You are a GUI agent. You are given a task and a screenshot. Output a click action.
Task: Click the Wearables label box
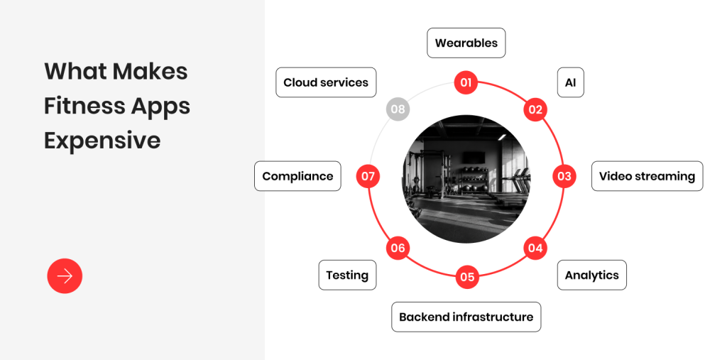(x=466, y=43)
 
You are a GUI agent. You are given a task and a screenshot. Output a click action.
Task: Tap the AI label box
(x=570, y=82)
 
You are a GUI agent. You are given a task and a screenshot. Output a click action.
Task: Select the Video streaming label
(x=647, y=176)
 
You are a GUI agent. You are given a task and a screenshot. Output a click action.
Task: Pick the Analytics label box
(x=591, y=275)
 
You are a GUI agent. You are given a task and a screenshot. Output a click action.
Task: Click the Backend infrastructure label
(x=466, y=317)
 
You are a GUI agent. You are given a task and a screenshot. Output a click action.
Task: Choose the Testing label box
(x=347, y=275)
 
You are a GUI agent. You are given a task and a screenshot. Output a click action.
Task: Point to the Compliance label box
(x=297, y=176)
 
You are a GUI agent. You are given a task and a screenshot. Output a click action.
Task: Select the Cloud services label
(x=326, y=82)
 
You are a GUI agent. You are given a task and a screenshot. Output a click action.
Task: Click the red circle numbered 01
(x=466, y=83)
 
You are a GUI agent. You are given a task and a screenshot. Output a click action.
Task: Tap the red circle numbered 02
(x=535, y=110)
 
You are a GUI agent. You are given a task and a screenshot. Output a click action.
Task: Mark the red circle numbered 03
(x=564, y=176)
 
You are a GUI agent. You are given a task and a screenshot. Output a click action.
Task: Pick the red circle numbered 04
(x=535, y=249)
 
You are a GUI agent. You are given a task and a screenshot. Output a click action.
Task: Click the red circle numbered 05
(x=467, y=277)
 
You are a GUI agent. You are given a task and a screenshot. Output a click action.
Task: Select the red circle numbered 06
(x=398, y=249)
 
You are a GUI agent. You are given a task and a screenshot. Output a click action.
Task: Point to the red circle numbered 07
(x=368, y=176)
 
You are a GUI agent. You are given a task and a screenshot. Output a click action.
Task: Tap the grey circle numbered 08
(x=398, y=109)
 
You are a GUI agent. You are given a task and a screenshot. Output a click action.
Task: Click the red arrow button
(x=65, y=276)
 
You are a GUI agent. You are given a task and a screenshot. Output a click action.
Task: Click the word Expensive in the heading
(x=102, y=141)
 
